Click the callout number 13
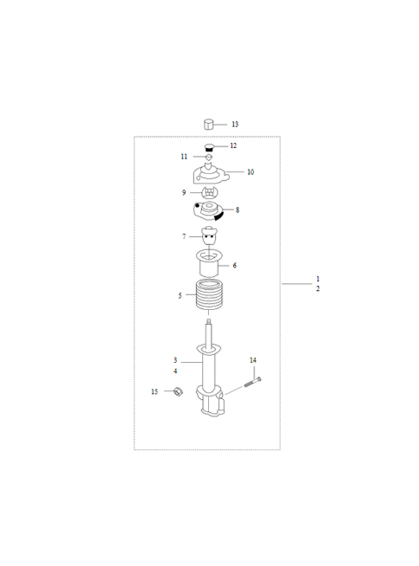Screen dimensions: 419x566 (235, 124)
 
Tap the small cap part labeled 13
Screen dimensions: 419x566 (209, 124)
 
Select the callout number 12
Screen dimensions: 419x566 (233, 145)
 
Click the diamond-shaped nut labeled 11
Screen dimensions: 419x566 (208, 157)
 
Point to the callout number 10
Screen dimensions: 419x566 (250, 172)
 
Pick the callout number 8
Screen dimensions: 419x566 (237, 210)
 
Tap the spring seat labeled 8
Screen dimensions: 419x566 (208, 211)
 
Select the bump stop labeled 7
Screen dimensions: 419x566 (209, 236)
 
